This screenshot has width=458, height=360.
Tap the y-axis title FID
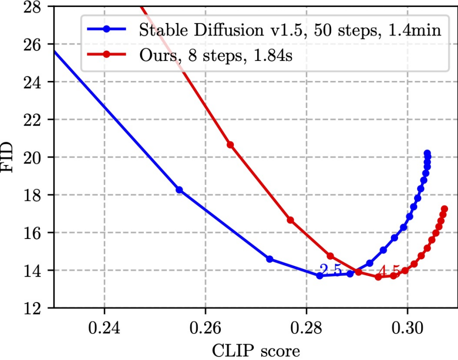[x=11, y=157]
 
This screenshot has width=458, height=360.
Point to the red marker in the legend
[x=106, y=54]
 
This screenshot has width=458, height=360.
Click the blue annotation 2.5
[x=331, y=270]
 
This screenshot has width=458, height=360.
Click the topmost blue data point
[x=427, y=153]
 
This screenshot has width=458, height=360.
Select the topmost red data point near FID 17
[x=444, y=209]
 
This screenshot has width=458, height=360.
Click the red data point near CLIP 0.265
[x=230, y=145]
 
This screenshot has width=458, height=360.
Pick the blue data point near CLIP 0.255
[x=179, y=190]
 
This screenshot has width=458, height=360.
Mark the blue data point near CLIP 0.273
[x=270, y=259]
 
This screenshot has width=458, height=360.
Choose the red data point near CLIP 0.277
[x=290, y=220]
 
